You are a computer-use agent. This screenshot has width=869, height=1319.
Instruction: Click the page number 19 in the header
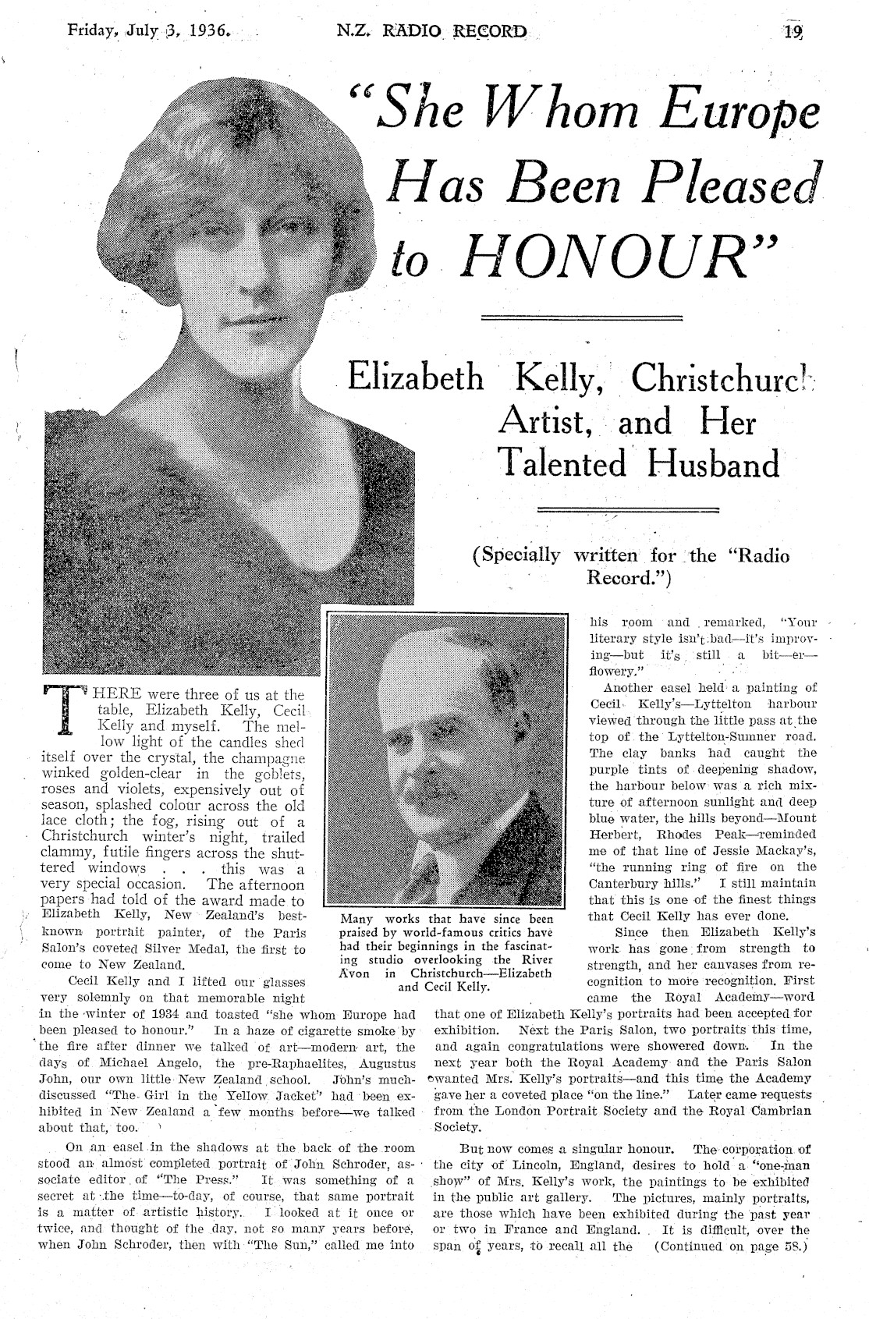coord(794,31)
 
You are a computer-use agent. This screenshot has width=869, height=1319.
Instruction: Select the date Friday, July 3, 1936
coord(149,31)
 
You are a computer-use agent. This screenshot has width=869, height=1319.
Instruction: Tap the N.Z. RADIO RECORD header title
coord(432,32)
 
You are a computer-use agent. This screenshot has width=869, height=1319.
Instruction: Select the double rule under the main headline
coord(582,317)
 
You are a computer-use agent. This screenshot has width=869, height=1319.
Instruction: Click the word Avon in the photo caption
coord(356,973)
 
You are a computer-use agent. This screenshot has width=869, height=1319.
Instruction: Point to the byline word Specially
coord(516,555)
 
